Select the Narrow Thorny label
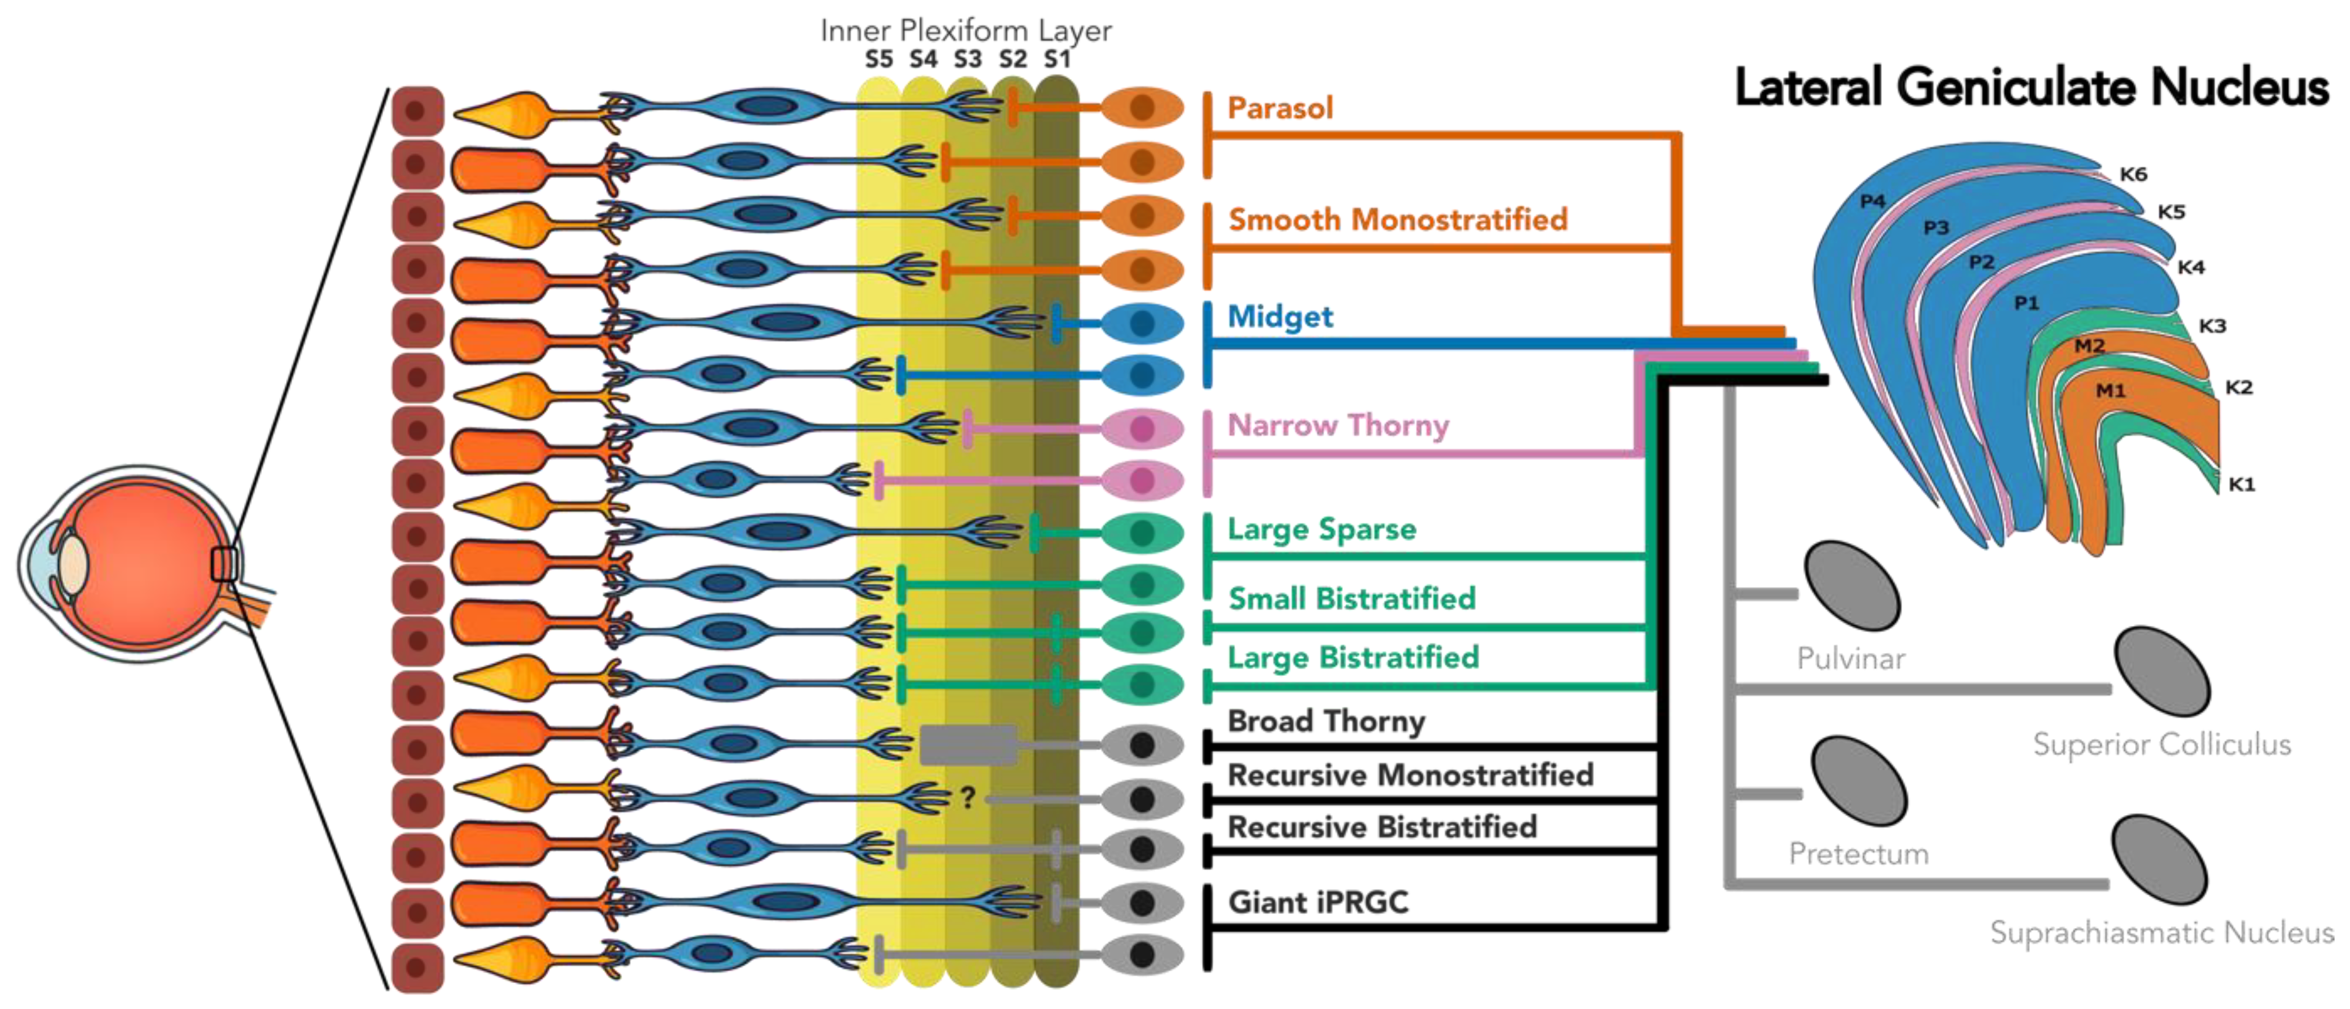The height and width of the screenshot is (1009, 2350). point(1337,425)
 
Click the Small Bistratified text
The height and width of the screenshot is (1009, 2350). point(1351,599)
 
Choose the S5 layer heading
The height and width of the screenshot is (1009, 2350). point(878,60)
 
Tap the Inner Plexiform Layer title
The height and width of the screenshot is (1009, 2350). point(965,30)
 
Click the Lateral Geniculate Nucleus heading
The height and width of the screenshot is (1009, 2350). point(2031,88)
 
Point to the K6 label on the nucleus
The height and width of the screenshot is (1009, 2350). point(2133,174)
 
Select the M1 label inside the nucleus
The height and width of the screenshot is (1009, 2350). point(2110,391)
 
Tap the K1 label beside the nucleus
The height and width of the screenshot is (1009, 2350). point(2241,484)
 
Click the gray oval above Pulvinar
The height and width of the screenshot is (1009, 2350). point(1852,586)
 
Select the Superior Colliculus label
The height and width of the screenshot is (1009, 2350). point(2161,745)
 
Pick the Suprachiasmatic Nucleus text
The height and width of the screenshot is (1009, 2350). point(2161,932)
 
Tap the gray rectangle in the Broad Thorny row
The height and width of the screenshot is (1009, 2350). point(968,745)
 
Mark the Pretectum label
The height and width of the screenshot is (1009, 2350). point(1858,854)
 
